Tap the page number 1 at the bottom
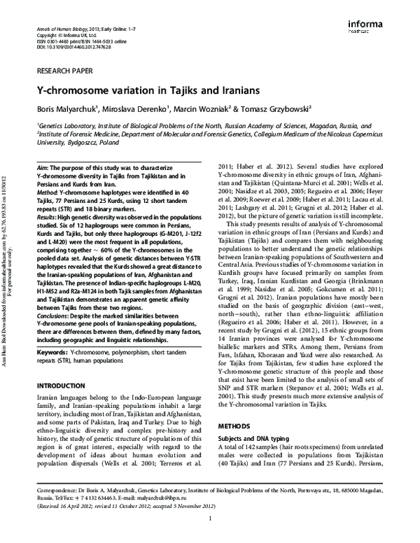[209, 537]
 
